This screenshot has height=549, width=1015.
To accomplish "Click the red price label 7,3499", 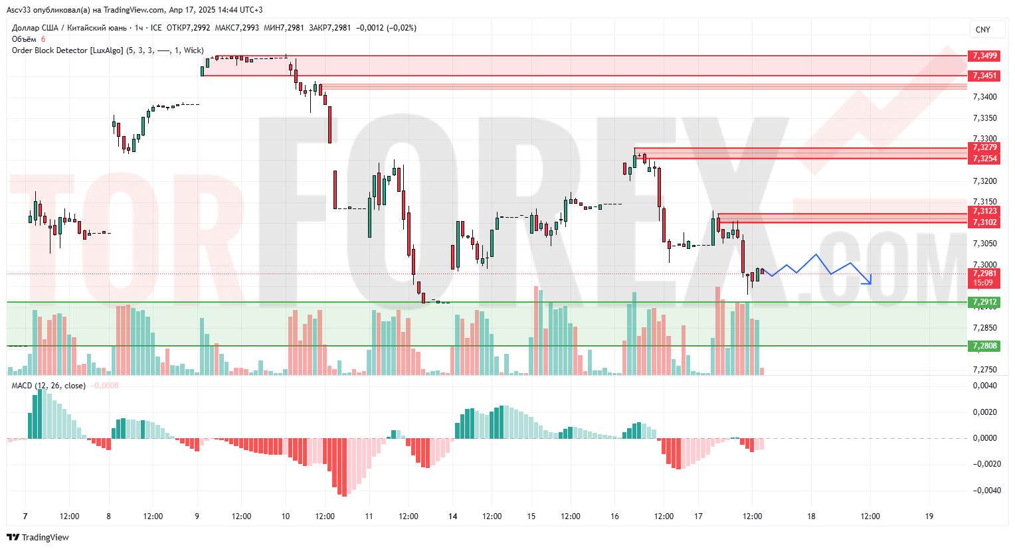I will (x=984, y=56).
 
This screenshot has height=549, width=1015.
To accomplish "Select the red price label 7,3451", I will (x=984, y=76).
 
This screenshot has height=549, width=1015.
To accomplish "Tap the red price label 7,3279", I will (x=984, y=147).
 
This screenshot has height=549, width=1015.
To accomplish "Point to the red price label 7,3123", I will (x=984, y=211).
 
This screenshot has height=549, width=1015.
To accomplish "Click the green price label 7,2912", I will (x=984, y=302).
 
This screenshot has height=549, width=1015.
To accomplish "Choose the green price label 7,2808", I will (x=984, y=346).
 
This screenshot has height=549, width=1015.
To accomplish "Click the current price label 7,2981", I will (x=984, y=274).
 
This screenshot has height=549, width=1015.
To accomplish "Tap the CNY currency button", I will (x=983, y=30).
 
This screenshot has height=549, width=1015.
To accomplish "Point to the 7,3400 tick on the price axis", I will (x=984, y=97).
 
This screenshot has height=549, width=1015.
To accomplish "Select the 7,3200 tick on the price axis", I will (x=984, y=181).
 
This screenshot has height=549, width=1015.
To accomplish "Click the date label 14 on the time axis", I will (x=453, y=516).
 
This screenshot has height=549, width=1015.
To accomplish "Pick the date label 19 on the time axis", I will (x=929, y=516).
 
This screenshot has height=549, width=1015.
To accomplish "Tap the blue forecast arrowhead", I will (x=868, y=281).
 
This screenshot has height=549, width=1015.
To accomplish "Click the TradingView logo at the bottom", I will (x=38, y=537).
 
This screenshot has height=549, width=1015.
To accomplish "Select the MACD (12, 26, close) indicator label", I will (x=48, y=386).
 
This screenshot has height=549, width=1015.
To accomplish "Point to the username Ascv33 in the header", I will (x=19, y=10).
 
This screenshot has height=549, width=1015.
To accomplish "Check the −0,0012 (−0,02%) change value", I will (x=386, y=28).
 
